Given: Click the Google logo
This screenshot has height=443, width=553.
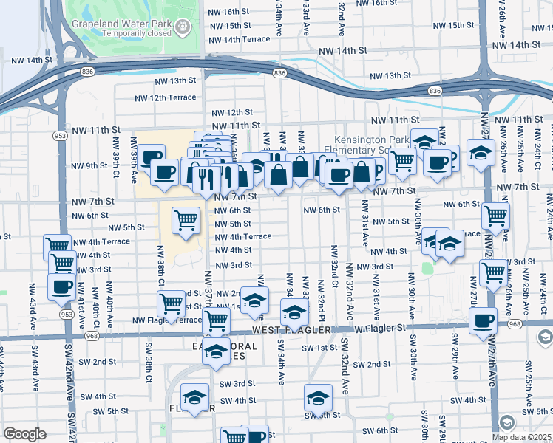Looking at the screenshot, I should click(x=24, y=433).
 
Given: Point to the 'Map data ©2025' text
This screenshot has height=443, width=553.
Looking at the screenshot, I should click(x=522, y=436).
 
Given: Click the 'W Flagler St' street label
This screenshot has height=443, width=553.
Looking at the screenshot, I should click(x=380, y=327).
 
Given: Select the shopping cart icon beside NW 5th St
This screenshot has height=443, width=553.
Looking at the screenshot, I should click(x=186, y=220).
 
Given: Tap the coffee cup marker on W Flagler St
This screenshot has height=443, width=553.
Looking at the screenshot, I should click(x=484, y=320).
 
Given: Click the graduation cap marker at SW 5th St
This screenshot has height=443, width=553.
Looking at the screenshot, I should click(x=318, y=398).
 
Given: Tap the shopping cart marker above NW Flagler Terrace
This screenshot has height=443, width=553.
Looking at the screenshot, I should click(x=171, y=303).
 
